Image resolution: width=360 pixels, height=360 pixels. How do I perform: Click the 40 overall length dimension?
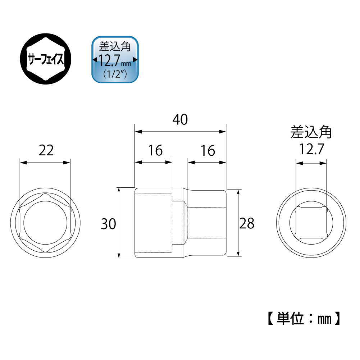point(180,120)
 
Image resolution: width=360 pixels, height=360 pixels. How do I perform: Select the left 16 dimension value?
point(155,150)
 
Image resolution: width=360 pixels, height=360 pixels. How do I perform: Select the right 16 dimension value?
point(208,150)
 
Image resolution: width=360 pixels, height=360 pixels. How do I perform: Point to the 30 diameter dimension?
point(108,224)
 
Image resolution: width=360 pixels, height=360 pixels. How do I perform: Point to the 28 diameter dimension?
point(247,223)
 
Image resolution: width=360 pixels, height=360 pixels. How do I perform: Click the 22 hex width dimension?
point(46,150)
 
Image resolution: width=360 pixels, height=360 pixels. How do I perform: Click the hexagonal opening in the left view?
point(45,223)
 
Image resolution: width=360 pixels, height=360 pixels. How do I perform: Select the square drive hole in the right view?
point(311,223)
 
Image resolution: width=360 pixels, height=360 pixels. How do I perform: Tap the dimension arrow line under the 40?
point(180,132)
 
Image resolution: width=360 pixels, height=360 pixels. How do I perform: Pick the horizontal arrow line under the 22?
point(45,163)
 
